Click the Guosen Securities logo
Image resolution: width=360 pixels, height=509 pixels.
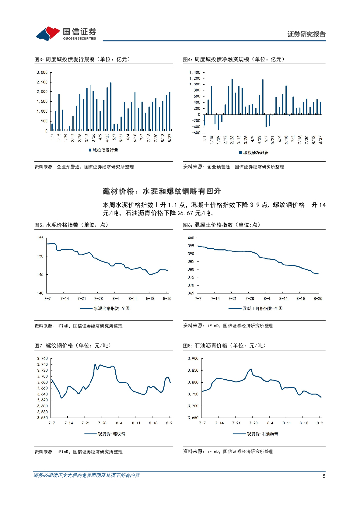coord(66,33)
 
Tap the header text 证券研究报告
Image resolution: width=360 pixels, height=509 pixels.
coord(306,34)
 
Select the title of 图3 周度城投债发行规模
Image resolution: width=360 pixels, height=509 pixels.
coord(82,59)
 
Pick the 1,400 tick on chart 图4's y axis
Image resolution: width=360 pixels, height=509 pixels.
coord(195,73)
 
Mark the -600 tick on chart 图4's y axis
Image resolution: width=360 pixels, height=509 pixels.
coord(195,133)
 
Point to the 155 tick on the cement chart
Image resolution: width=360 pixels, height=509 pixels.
coord(40,238)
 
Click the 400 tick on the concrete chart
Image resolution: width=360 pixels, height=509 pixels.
coord(190,238)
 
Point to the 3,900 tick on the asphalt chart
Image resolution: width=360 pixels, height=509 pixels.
coord(191,358)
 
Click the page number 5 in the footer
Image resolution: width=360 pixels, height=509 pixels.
coord(324,476)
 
